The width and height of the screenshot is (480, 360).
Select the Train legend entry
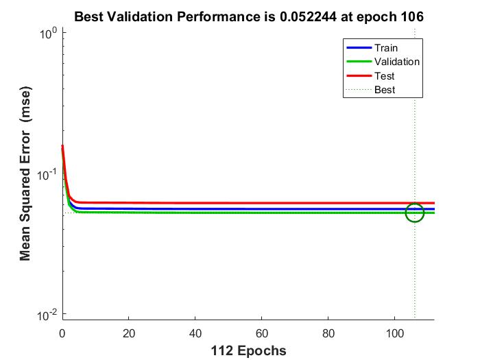(385, 48)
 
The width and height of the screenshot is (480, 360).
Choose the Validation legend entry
(396, 62)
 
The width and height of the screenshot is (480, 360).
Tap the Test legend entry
(384, 75)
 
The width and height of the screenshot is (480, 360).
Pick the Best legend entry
(385, 89)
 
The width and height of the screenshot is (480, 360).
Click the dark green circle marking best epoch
(415, 213)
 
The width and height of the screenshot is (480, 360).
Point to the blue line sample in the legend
(358, 48)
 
